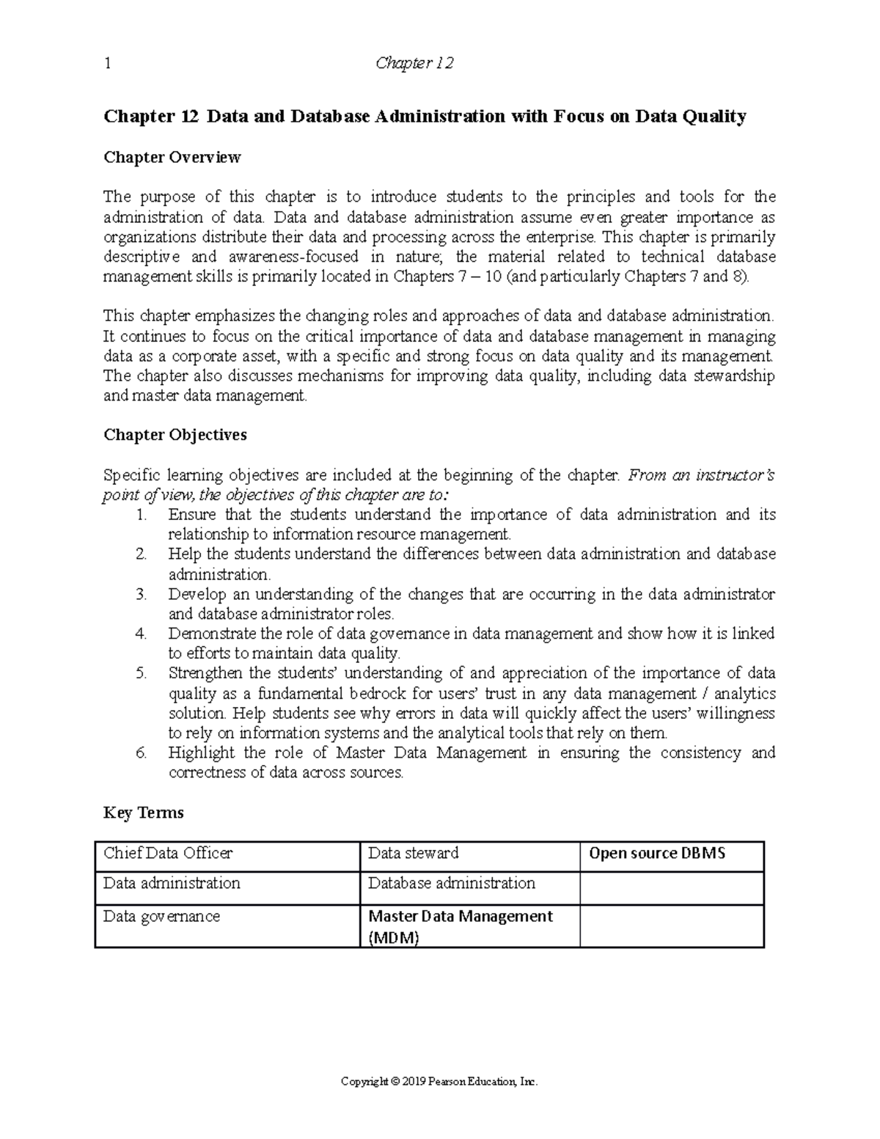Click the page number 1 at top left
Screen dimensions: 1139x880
tap(108, 64)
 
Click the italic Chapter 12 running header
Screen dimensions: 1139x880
tap(414, 64)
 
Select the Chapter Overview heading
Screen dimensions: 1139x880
tap(172, 157)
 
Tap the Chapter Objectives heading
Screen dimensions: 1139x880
tap(175, 435)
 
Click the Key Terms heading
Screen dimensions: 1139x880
tap(143, 813)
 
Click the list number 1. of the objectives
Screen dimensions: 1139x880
tap(142, 515)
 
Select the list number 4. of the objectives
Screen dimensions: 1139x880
tap(142, 634)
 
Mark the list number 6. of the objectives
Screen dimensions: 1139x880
tap(142, 752)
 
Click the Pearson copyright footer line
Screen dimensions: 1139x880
tap(440, 1082)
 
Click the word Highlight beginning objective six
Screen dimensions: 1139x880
tap(202, 752)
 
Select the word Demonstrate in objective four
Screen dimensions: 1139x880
tap(212, 634)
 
